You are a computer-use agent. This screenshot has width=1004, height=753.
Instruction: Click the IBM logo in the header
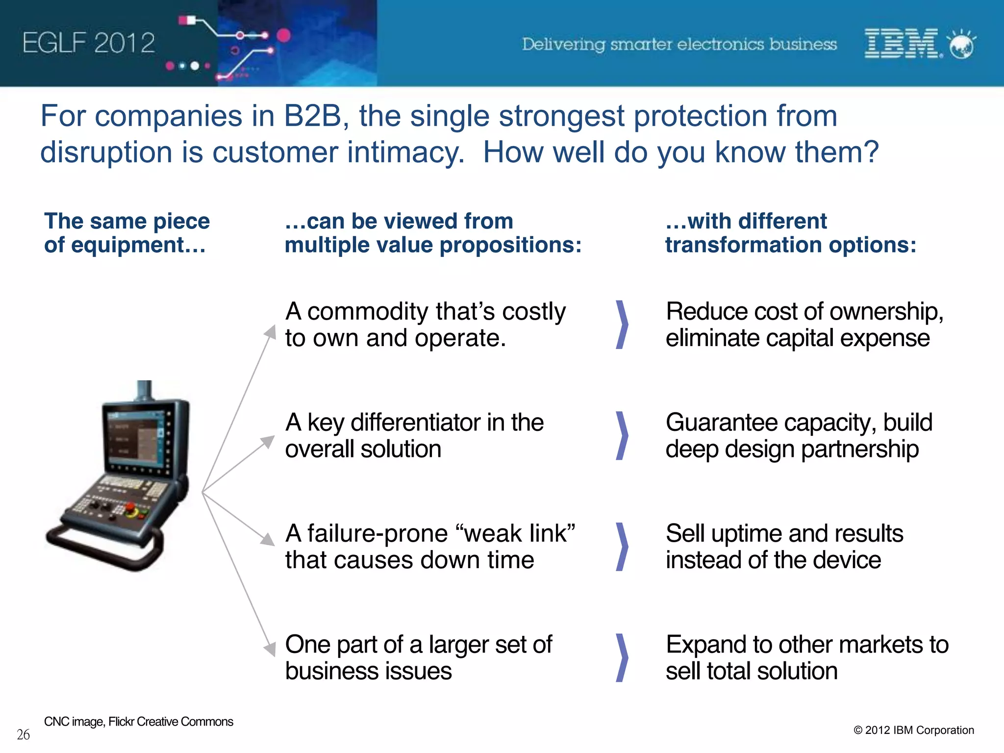tap(901, 44)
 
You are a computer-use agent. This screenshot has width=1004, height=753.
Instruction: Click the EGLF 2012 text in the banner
tap(89, 43)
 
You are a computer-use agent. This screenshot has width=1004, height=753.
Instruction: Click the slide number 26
tap(23, 735)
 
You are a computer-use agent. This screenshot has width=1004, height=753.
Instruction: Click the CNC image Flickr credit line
tap(139, 722)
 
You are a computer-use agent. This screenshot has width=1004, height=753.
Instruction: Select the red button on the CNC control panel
tap(131, 510)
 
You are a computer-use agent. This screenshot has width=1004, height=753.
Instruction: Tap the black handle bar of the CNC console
tap(103, 549)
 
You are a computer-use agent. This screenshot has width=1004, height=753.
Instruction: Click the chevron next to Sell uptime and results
tap(622, 546)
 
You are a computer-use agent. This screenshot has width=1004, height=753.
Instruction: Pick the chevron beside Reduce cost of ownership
tap(622, 325)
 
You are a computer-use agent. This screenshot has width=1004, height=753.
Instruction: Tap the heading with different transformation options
tap(790, 233)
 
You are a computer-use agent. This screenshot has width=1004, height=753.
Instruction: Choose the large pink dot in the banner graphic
tap(284, 35)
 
